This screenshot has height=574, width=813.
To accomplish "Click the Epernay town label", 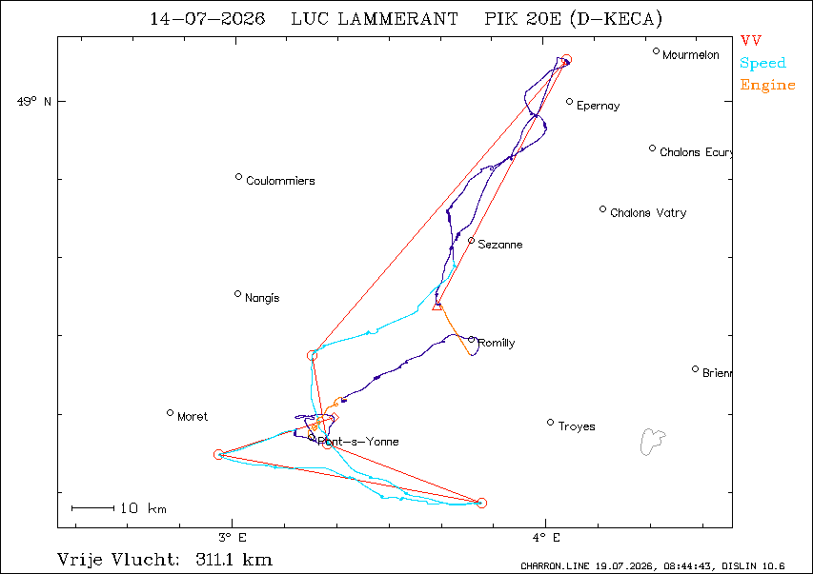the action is pos(598,106).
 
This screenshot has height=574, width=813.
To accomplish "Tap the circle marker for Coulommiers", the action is pos(238,177).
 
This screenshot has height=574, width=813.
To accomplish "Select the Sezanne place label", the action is pos(499,245).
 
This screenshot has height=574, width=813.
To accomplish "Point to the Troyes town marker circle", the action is pos(551,423).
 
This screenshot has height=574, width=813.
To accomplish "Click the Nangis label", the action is pos(262,298).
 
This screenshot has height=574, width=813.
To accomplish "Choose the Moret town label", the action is pos(193,417).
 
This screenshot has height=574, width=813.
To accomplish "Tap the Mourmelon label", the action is pos(691,55).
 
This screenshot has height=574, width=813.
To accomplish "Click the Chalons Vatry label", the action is pos(648,213).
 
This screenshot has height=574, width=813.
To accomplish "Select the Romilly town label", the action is pos(497,343).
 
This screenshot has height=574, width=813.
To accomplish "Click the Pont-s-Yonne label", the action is pos(358,442).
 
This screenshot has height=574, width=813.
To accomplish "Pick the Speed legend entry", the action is pos(762,63).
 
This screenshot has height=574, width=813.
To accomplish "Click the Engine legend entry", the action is pos(767,85).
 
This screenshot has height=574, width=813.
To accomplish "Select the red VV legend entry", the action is pos(751,40).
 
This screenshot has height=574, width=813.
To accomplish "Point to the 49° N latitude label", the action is pos(34,101).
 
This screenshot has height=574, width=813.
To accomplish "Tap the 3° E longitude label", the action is pos(233,538).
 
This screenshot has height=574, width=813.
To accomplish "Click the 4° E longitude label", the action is pos(546,538).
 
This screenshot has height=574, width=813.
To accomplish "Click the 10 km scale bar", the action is pos(92,508).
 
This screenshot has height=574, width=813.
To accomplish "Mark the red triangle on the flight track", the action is pos(437,307).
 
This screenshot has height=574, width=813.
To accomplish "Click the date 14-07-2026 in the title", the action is pos(208,19).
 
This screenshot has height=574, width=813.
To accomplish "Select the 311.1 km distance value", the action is pos(234,560).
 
